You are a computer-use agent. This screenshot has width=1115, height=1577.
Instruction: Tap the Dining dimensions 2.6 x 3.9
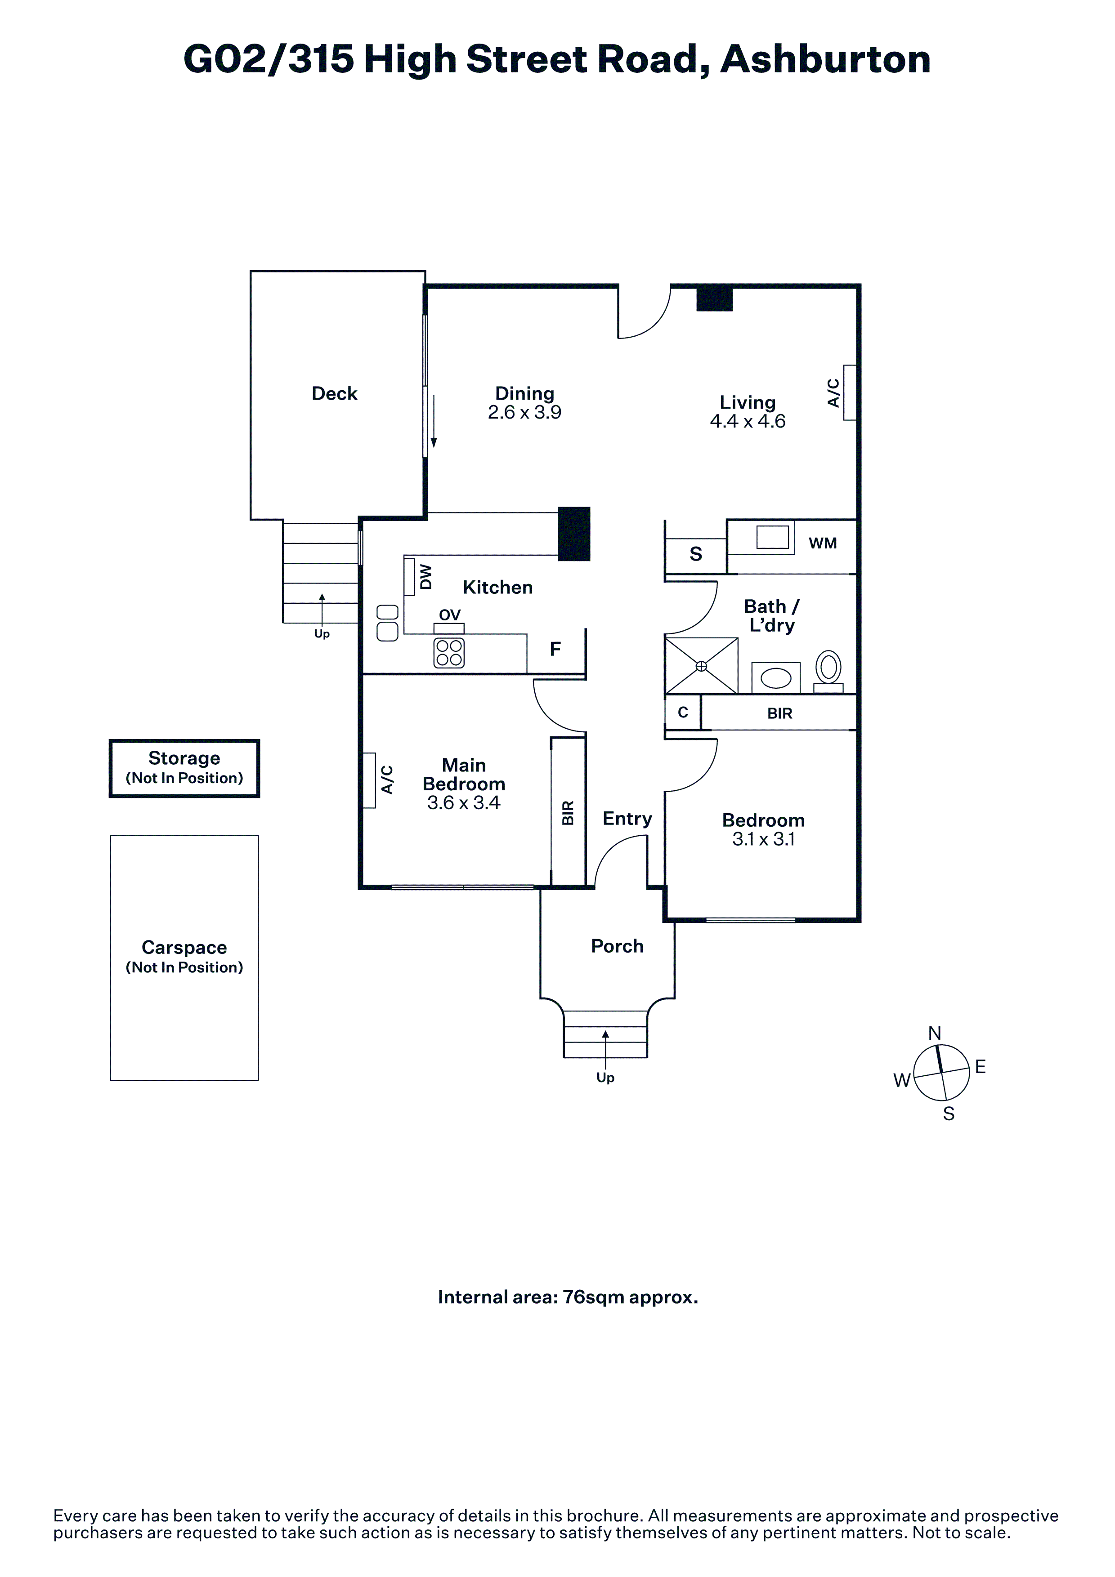point(525,412)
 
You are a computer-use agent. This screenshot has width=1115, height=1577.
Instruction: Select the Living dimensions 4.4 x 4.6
point(748,421)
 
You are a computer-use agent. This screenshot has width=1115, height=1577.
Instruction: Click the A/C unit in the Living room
point(850,392)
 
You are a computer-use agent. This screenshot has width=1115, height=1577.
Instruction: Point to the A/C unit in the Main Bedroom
point(369,780)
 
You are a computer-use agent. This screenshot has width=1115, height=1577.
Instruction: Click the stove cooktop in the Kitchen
point(449,653)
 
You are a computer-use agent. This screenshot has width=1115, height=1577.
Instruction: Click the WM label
point(823,543)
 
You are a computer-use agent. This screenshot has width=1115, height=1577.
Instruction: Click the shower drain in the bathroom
point(701,666)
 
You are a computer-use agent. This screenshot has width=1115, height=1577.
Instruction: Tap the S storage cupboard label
point(696,554)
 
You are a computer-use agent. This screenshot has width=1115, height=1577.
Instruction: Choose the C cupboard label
point(683,712)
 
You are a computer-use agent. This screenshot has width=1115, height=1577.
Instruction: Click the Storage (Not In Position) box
point(184,768)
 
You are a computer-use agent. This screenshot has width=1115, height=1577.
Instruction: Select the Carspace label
point(184,947)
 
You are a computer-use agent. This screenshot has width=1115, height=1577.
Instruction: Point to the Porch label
point(618,946)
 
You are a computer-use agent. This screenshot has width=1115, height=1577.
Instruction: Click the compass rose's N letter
point(934,1033)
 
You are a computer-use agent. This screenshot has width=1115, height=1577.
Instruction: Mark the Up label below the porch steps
point(605,1078)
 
